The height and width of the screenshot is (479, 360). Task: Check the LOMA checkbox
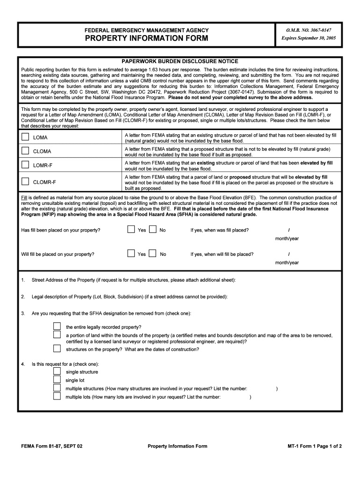25,137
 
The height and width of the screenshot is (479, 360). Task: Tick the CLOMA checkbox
25,151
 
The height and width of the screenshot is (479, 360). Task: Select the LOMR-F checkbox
25,165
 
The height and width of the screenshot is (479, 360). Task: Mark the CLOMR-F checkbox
25,181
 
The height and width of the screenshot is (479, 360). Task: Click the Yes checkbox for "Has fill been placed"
131,230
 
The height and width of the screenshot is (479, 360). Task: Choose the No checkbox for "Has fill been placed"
152,230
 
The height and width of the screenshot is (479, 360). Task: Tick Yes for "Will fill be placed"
131,254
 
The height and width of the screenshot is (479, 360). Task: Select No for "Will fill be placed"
152,254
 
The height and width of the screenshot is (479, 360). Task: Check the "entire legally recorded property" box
57,326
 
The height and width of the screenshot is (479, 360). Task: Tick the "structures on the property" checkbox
57,348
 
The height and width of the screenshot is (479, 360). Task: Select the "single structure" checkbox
57,371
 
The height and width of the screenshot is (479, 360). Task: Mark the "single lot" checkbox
57,380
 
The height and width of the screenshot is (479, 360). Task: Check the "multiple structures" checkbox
57,388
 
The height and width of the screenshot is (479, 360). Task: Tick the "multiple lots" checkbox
57,397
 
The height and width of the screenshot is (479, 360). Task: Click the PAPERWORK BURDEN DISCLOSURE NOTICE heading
180,61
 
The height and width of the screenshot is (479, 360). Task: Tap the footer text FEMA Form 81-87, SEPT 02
51,446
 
